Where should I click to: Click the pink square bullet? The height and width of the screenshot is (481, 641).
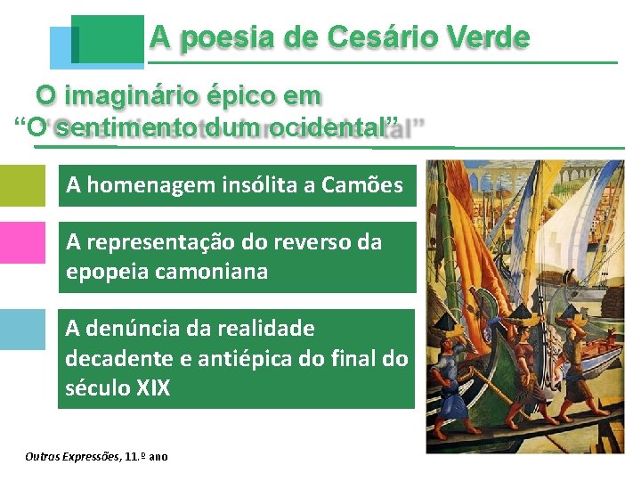(21, 241)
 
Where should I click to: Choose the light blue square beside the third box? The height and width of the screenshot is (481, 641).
(21, 329)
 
